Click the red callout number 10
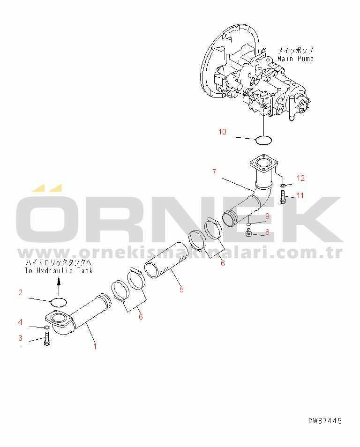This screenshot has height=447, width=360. (x=222, y=132)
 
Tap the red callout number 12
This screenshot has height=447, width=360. (x=300, y=178)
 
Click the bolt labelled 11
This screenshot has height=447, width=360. (x=283, y=197)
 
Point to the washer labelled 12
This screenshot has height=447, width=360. (x=282, y=186)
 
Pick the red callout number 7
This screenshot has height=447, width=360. (x=214, y=172)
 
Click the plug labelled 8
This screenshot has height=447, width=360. (x=248, y=233)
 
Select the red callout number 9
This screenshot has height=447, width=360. (x=267, y=216)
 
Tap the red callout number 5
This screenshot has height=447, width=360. (x=182, y=290)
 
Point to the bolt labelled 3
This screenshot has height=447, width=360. (x=47, y=339)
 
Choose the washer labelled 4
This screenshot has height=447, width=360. (x=47, y=327)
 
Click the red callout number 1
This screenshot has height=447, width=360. (x=95, y=346)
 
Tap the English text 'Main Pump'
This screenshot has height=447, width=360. (x=295, y=59)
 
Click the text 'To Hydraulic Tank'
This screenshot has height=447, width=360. (x=59, y=270)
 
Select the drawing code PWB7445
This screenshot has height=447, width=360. (x=325, y=421)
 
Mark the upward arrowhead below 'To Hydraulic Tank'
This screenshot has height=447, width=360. (x=59, y=282)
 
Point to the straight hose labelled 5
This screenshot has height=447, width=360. (x=166, y=260)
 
